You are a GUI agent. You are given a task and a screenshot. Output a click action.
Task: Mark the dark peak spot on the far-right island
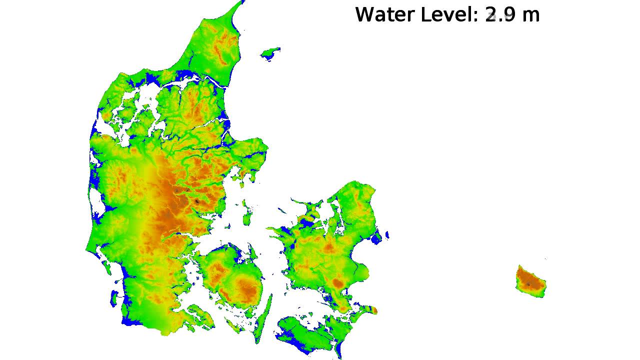[528, 284]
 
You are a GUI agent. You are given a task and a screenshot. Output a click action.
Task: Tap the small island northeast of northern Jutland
[270, 53]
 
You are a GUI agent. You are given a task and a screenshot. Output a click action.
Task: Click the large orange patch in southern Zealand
[338, 283]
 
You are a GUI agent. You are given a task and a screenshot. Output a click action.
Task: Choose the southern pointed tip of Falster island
[340, 355]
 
